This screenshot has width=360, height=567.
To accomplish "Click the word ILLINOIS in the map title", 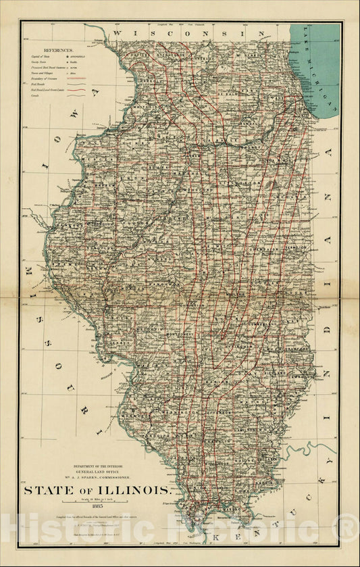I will pos(138,490).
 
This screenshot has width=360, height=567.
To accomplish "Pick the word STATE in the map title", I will pos(48,490).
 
